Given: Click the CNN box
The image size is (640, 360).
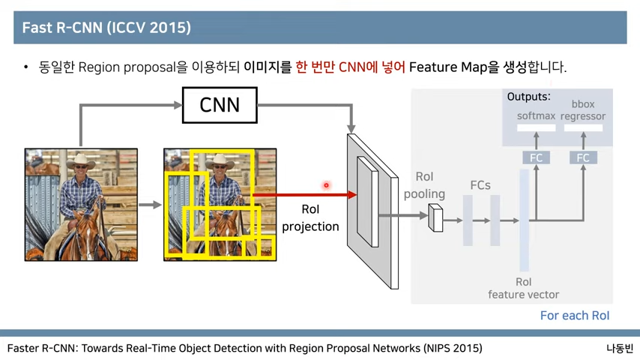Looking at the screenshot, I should (220, 105).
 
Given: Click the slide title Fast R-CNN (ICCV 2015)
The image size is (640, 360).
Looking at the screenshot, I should (106, 28).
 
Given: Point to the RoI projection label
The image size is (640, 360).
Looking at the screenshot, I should (310, 218).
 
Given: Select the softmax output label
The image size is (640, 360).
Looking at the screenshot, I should (536, 116).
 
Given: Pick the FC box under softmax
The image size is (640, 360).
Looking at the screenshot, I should (536, 157).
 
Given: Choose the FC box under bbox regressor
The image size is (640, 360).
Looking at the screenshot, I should (582, 157).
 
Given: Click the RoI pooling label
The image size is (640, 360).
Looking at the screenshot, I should (424, 185).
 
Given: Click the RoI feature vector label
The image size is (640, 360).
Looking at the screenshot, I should (523, 289).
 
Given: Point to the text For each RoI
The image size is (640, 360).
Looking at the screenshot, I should (575, 316).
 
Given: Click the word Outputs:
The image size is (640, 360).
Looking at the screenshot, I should (528, 97).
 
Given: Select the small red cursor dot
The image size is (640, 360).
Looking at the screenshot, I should (326, 185).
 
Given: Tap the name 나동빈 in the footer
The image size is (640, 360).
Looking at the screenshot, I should (620, 348).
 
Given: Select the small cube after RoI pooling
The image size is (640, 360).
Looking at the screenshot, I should (435, 217).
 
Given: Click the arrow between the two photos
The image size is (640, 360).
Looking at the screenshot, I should (150, 205).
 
